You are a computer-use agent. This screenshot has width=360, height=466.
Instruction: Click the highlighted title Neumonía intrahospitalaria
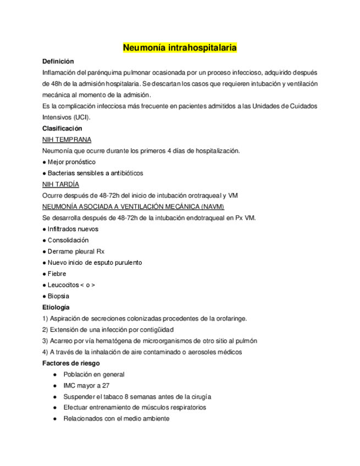(180, 48)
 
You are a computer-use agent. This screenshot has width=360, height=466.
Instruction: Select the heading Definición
(58, 61)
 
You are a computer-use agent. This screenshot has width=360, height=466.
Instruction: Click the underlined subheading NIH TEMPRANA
(67, 140)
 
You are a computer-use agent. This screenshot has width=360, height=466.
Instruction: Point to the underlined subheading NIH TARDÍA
(60, 184)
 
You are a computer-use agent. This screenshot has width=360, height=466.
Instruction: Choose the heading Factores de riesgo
(71, 363)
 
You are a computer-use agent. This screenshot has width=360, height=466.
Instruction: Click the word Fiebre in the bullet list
(57, 274)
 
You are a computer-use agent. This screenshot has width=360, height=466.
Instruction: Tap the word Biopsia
(58, 296)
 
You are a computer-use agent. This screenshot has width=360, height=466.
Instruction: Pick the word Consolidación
(68, 240)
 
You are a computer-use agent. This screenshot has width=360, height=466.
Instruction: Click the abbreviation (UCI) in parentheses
(82, 117)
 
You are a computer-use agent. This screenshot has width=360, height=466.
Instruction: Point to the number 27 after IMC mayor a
(105, 385)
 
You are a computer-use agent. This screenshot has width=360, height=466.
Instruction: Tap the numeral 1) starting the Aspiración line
(45, 318)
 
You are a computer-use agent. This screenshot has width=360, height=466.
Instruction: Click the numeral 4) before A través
(45, 352)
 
